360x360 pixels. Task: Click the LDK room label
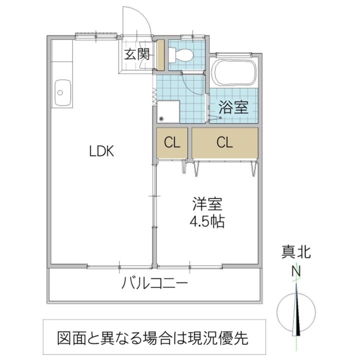coord(102,150)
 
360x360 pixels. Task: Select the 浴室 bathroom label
coord(234,107)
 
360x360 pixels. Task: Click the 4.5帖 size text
coord(206,220)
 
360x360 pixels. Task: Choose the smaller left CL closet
coord(172,143)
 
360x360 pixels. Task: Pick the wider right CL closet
coord(225,143)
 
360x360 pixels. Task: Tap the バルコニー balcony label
coord(155,284)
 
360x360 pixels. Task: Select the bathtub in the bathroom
coord(234,73)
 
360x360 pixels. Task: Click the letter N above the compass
coord(296,271)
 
